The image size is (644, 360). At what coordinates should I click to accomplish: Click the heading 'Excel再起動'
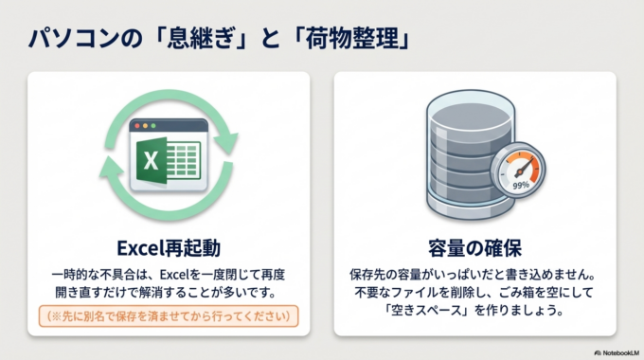(x=169, y=248)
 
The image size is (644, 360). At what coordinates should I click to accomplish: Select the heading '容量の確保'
(x=476, y=248)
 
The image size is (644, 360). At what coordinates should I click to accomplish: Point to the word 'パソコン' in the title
(x=68, y=39)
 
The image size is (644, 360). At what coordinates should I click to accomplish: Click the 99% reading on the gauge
(x=520, y=185)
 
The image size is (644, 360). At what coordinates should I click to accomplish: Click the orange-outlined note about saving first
(x=169, y=315)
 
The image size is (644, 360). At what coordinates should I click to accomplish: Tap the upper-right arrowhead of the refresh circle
(x=227, y=143)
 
